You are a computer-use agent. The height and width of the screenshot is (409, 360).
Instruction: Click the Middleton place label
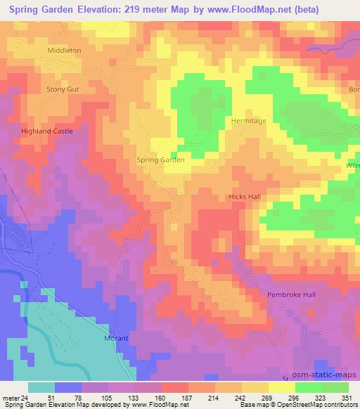tap(64, 51)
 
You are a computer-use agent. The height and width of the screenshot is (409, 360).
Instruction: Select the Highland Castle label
tap(46, 131)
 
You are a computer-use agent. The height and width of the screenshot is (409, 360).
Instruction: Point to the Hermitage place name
tap(249, 121)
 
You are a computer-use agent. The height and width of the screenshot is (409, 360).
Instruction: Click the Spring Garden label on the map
tap(160, 160)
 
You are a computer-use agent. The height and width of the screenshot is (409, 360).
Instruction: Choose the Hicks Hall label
tap(244, 197)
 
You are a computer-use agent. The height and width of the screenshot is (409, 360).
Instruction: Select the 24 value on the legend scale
tap(24, 397)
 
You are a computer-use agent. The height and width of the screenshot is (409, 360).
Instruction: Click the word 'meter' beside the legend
tap(10, 397)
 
